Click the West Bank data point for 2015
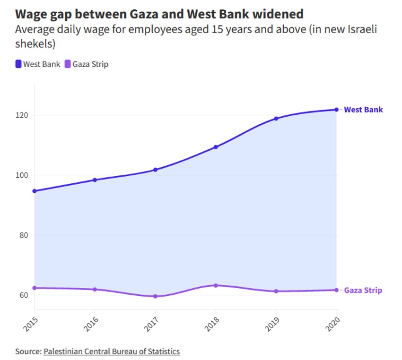[35, 191]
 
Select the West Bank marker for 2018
[216, 147]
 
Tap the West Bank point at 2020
[336, 110]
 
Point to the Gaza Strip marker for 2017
[155, 296]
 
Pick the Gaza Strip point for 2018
[216, 285]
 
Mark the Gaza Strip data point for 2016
[95, 289]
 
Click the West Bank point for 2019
[276, 119]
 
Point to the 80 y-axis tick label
[24, 235]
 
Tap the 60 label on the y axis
[24, 295]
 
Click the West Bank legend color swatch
[18, 64]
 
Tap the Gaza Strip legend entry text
[90, 64]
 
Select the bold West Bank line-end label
[363, 110]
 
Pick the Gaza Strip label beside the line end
[363, 290]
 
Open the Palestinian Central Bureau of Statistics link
[112, 351]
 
